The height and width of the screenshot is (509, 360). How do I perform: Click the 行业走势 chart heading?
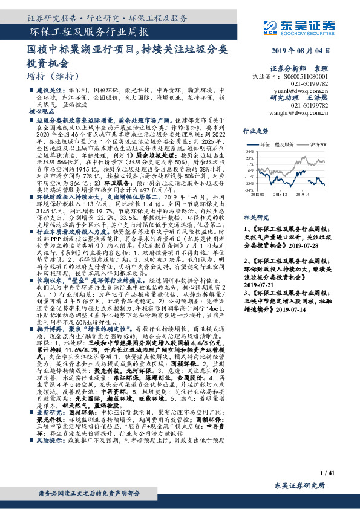255,131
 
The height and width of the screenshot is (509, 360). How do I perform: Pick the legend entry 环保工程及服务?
275,145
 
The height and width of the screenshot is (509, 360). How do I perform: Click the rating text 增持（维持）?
53,76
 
